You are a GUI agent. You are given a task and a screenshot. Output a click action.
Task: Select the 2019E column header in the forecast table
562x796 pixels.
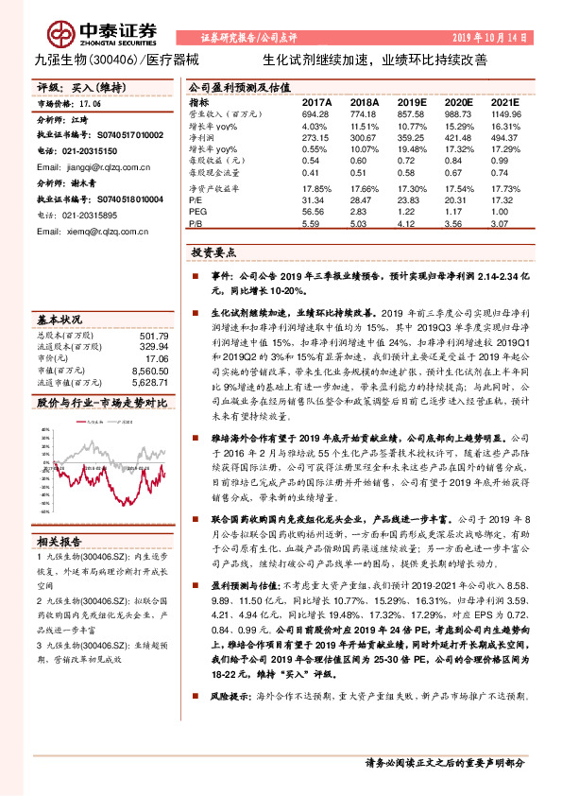coord(413,100)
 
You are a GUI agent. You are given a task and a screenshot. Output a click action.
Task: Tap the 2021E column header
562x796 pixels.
coord(505,100)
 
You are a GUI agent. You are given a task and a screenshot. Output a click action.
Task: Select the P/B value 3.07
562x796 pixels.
coord(505,225)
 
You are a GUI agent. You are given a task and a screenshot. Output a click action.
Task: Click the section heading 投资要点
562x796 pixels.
coord(212,253)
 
